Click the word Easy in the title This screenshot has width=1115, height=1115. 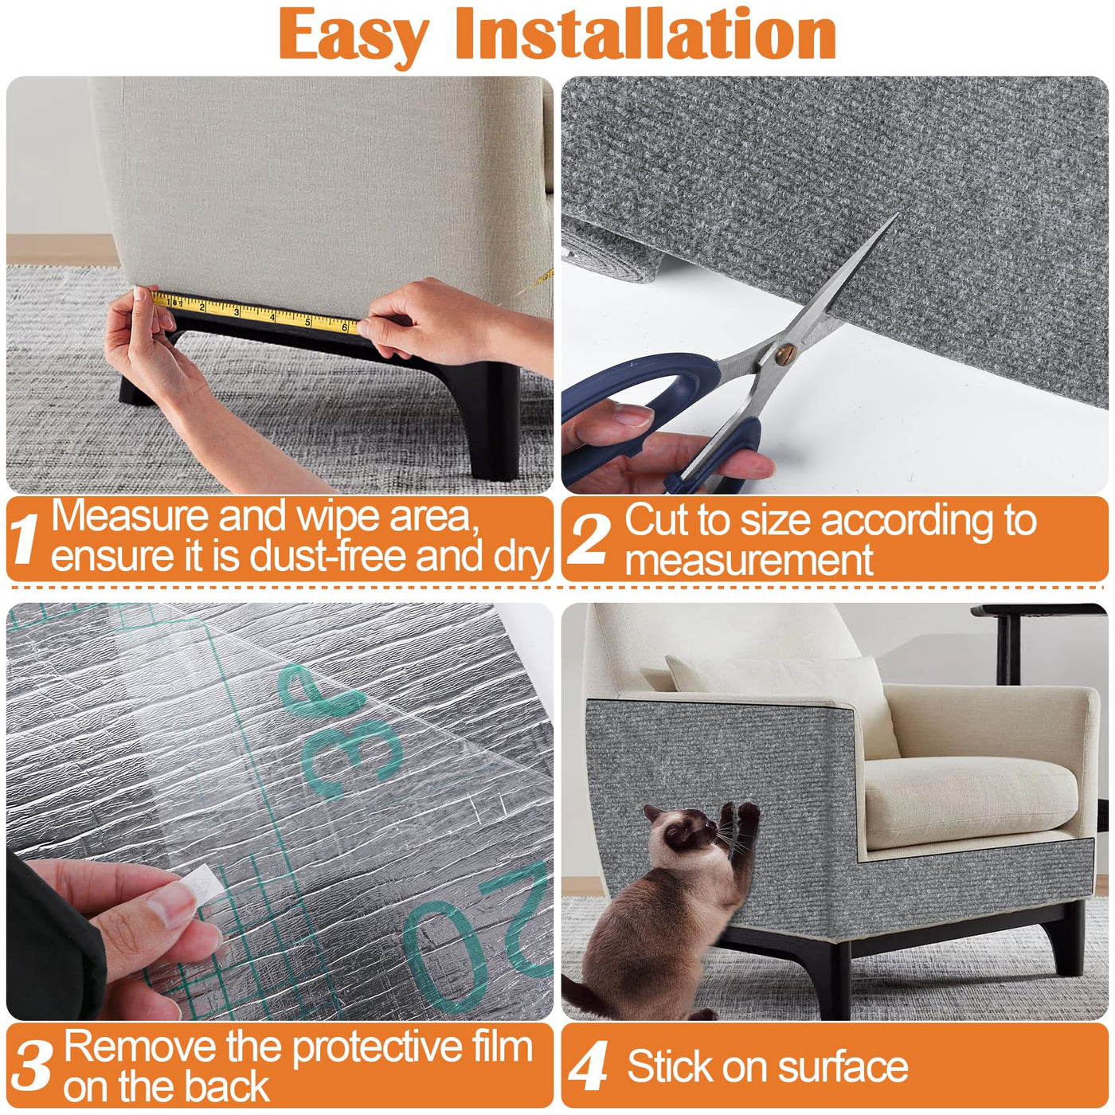pyautogui.click(x=354, y=36)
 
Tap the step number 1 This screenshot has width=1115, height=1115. pyautogui.click(x=25, y=538)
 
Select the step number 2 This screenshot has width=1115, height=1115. pyautogui.click(x=589, y=538)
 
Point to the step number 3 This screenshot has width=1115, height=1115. pyautogui.click(x=33, y=1066)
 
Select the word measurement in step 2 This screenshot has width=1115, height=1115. pyautogui.click(x=748, y=560)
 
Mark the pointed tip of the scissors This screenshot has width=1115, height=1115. pyautogui.click(x=896, y=215)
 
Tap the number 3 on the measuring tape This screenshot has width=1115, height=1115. pyautogui.click(x=236, y=312)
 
